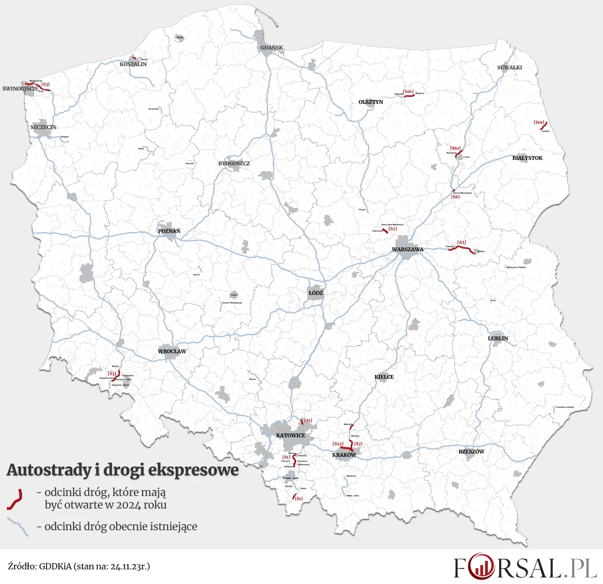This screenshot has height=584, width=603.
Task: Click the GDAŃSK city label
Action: tap(272, 48)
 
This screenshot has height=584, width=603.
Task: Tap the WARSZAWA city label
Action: tap(407, 250)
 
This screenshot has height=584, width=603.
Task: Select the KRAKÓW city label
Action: tap(344, 455)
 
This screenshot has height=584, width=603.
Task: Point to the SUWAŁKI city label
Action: tap(510, 68)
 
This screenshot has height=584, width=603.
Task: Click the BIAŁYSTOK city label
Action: tap(527, 158)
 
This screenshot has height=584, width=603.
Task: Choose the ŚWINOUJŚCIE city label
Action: tap(20, 89)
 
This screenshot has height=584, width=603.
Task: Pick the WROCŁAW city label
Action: tap(172, 352)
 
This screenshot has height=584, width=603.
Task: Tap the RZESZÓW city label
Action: tap(471, 452)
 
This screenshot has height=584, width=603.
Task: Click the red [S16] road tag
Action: tap(408, 91)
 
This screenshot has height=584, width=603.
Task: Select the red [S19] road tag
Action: tap(539, 122)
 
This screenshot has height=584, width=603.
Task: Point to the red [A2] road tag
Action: tap(462, 243)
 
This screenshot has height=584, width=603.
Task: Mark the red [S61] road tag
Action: tap(455, 148)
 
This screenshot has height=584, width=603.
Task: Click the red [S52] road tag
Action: tap(338, 444)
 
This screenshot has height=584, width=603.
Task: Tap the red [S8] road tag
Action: tap(455, 197)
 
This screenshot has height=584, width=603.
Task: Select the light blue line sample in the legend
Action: tap(18, 526)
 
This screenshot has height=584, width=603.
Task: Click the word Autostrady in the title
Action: tap(50, 470)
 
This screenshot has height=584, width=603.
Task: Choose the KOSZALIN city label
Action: tap(133, 65)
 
